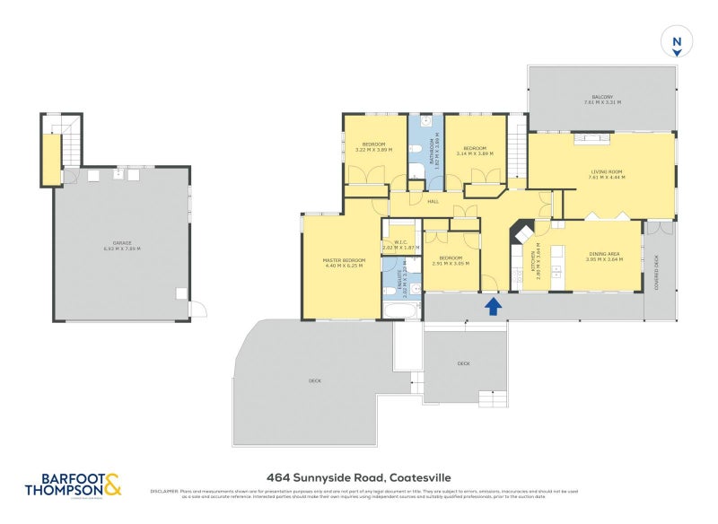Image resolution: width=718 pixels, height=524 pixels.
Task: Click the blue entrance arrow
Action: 492,308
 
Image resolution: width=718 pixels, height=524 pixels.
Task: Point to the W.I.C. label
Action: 401,243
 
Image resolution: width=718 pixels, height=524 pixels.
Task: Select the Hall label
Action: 433,201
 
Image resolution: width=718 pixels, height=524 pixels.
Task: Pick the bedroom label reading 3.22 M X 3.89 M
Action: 373,148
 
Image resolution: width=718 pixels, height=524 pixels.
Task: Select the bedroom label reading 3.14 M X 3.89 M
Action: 474,151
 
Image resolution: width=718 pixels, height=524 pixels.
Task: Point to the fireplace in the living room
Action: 592,137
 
